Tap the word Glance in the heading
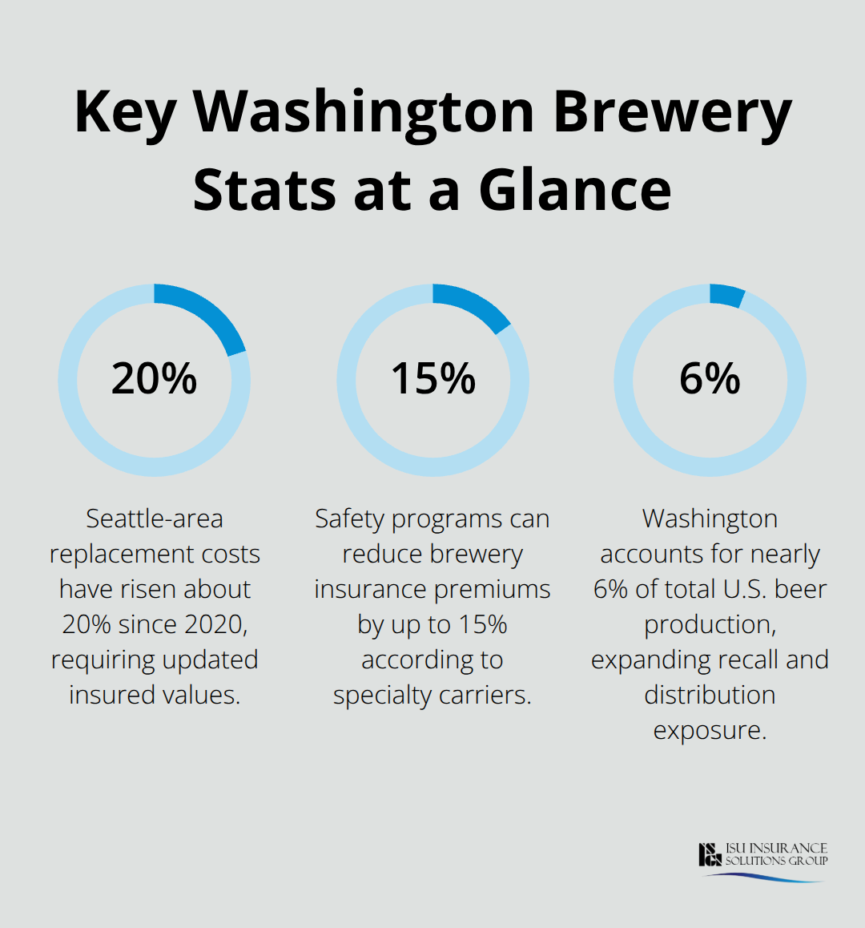pyautogui.click(x=575, y=191)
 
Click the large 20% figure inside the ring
pyautogui.click(x=154, y=379)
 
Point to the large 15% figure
pyautogui.click(x=432, y=379)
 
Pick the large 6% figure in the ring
pyautogui.click(x=710, y=379)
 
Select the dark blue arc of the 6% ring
pyautogui.click(x=727, y=295)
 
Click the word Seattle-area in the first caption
pyautogui.click(x=155, y=519)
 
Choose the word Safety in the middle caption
pyautogui.click(x=349, y=519)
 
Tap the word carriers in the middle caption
pyautogui.click(x=489, y=695)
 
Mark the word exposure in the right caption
pyautogui.click(x=710, y=730)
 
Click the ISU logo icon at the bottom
pyautogui.click(x=710, y=854)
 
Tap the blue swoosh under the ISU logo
pyautogui.click(x=765, y=877)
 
